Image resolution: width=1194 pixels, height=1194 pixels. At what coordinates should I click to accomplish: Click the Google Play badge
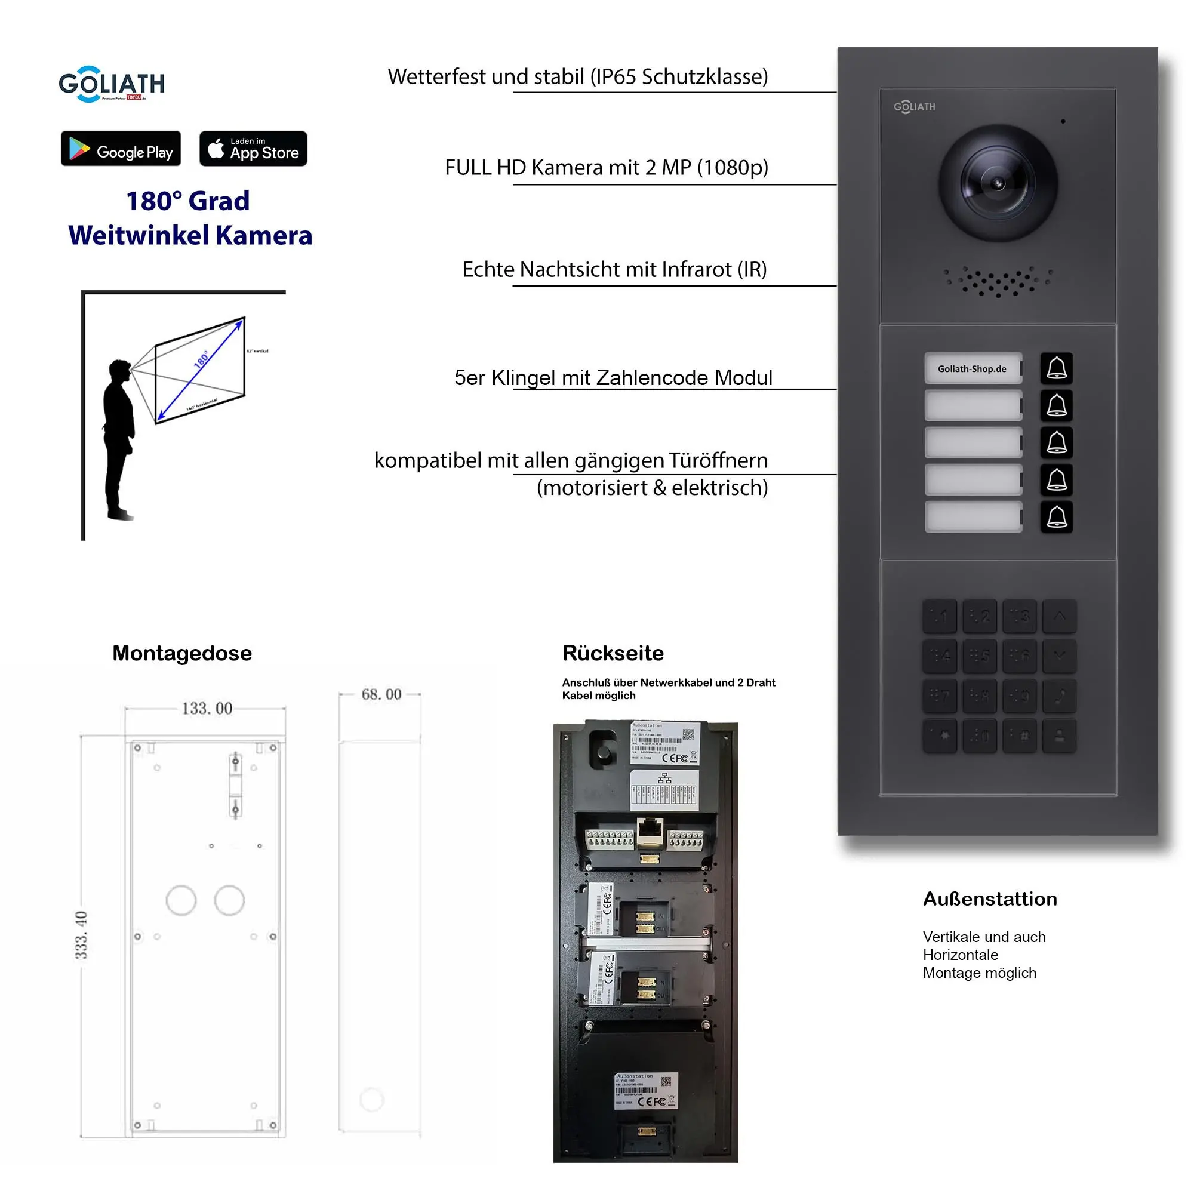point(121,149)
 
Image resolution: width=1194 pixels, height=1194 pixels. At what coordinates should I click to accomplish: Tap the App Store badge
point(253,149)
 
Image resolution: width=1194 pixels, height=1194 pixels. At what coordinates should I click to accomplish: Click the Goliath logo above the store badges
point(112,84)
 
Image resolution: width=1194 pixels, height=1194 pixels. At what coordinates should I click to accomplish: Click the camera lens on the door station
point(998,183)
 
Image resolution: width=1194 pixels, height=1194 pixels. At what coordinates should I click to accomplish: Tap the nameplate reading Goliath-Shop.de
point(972,369)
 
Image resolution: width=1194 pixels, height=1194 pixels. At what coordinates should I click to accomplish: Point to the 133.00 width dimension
point(207,708)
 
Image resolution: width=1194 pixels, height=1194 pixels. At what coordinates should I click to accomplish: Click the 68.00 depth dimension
point(381,695)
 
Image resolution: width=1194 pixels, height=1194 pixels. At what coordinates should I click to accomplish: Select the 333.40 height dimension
point(81,935)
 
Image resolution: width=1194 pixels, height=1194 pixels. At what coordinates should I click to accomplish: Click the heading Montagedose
point(181,653)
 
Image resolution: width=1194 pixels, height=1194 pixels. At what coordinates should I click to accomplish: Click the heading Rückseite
point(613,653)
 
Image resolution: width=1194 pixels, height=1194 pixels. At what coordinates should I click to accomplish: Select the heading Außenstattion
point(989,898)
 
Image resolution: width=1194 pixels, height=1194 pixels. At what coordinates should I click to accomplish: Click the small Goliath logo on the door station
point(914,107)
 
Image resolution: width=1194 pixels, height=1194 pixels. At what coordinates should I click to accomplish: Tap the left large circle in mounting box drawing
point(181,900)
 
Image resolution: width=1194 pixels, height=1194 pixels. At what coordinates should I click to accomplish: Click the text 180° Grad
point(188,201)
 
